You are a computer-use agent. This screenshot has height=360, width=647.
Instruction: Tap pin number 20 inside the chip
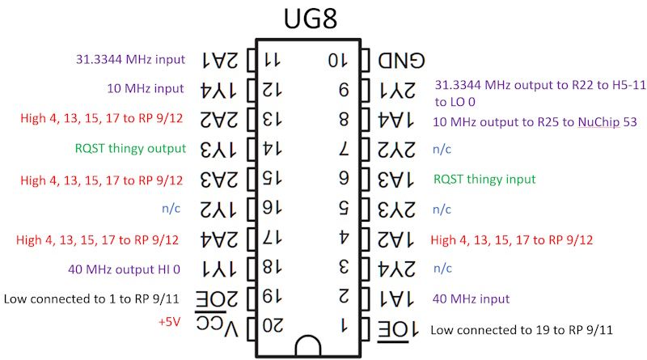pyautogui.click(x=274, y=327)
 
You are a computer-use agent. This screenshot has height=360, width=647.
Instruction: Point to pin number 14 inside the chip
pyautogui.click(x=274, y=149)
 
